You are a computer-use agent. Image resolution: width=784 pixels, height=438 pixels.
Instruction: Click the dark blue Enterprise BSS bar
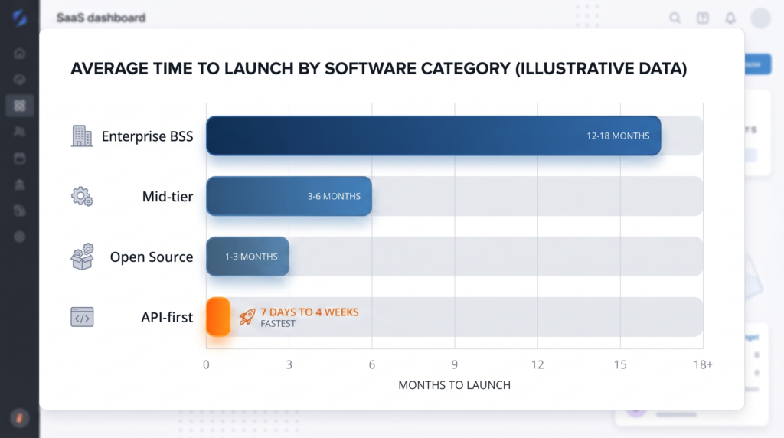pyautogui.click(x=433, y=136)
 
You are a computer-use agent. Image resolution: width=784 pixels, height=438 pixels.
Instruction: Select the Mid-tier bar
pyautogui.click(x=289, y=196)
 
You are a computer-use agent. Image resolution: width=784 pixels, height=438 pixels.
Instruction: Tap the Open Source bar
pyautogui.click(x=247, y=257)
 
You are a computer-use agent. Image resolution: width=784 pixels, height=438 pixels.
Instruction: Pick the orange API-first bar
pyautogui.click(x=218, y=316)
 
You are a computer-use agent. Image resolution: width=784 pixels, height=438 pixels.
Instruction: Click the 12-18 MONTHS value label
pyautogui.click(x=618, y=136)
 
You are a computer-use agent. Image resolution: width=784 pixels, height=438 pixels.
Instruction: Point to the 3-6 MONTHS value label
pyautogui.click(x=334, y=196)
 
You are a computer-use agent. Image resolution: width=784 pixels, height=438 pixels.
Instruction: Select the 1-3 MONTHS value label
pyautogui.click(x=251, y=257)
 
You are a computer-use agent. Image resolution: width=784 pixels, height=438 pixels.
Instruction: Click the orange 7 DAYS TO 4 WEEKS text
pyautogui.click(x=309, y=312)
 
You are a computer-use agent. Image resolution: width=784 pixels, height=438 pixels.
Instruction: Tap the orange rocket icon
pyautogui.click(x=247, y=316)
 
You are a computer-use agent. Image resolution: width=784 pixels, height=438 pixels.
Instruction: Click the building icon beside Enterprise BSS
pyautogui.click(x=82, y=136)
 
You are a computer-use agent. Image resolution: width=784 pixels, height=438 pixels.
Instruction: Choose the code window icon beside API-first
pyautogui.click(x=82, y=317)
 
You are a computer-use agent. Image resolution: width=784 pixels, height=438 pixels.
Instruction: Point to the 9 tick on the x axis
pyautogui.click(x=455, y=364)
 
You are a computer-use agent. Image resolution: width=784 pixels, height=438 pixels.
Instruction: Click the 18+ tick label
pyautogui.click(x=702, y=364)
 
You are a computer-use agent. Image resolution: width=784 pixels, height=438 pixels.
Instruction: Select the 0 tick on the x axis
pyautogui.click(x=206, y=364)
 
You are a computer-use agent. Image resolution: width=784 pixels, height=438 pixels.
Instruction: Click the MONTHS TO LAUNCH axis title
pyautogui.click(x=454, y=385)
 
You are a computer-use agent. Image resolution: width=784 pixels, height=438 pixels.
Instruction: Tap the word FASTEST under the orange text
pyautogui.click(x=278, y=324)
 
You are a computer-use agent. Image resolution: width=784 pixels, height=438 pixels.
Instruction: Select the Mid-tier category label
pyautogui.click(x=168, y=197)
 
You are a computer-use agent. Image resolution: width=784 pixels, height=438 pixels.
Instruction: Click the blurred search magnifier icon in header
pyautogui.click(x=675, y=18)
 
